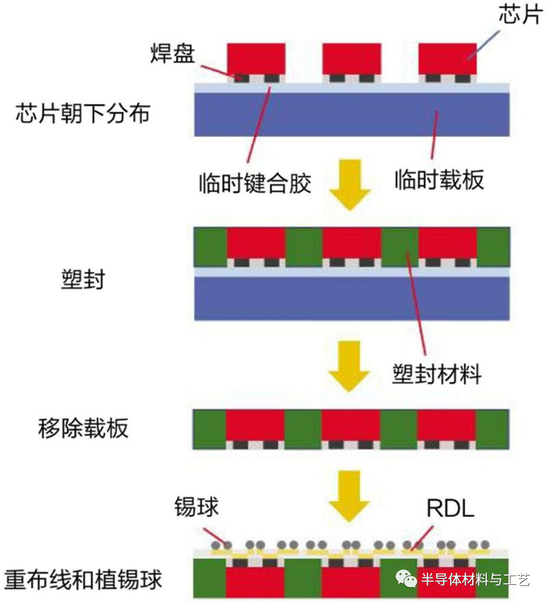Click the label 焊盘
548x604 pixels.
(173, 53)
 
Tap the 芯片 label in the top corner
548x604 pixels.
(521, 15)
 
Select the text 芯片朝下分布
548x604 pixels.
(83, 113)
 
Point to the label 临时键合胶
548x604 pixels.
(255, 183)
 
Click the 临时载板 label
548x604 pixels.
(439, 180)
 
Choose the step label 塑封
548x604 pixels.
(83, 279)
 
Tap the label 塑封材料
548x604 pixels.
(437, 374)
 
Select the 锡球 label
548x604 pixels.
(196, 506)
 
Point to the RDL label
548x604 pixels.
(450, 509)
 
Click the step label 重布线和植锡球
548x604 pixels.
(83, 580)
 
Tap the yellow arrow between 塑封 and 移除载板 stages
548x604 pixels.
(349, 366)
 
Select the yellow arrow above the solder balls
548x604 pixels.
(349, 496)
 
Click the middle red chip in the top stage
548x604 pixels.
(352, 59)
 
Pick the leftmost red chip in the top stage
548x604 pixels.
(256, 59)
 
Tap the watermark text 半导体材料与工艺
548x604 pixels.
(475, 579)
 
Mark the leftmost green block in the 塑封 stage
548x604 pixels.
(210, 247)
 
